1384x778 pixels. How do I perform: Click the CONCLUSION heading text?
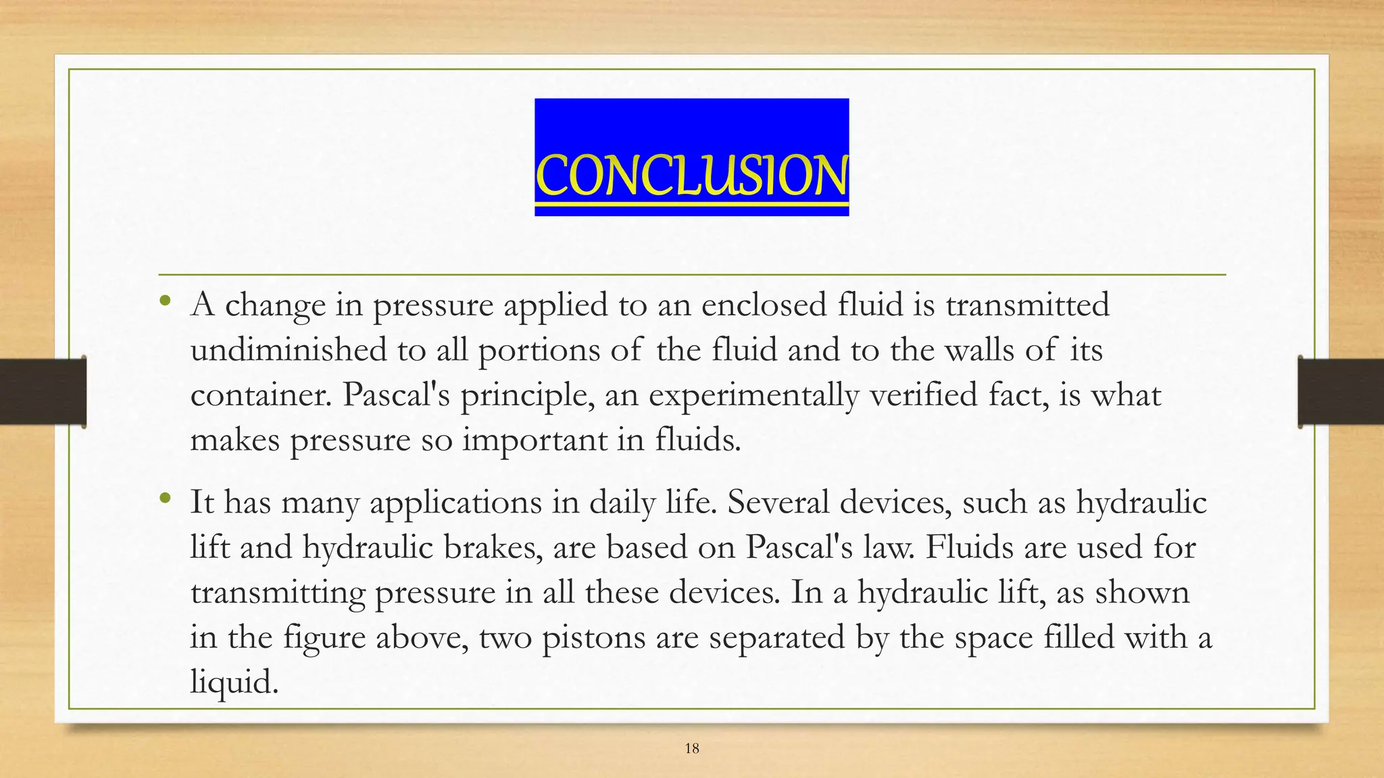point(691,176)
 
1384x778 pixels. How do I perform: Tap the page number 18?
point(691,748)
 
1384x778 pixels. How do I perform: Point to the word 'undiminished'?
point(289,350)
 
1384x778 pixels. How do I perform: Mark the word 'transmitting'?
point(277,593)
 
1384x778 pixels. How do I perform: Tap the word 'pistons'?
point(593,637)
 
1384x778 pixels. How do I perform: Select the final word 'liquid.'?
point(234,682)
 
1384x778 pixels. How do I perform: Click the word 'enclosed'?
point(764,305)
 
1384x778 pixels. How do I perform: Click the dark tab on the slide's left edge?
point(43,392)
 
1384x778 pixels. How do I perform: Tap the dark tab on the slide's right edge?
point(1341,392)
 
